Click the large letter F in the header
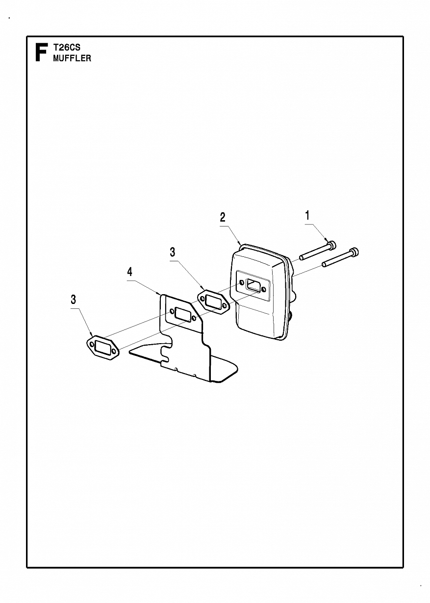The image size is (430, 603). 42,52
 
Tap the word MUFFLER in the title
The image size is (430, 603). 72,58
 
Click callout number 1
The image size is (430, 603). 307,216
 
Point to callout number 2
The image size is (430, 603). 223,217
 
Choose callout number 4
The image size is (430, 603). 130,272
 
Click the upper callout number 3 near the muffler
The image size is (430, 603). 172,252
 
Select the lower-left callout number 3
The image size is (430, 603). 73,300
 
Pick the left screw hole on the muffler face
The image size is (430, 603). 242,282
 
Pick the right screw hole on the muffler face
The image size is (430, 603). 265,289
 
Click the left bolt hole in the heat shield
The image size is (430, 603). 172,312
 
